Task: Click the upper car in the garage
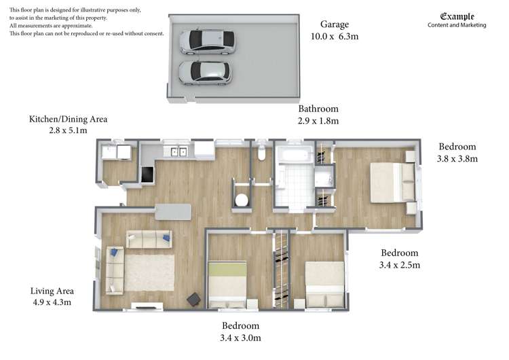point(206,41)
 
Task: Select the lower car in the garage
point(204,71)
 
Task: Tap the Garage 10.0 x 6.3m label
point(334,31)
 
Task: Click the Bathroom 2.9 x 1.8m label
point(318,115)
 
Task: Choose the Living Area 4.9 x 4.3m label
point(52,297)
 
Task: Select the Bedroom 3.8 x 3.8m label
point(457,152)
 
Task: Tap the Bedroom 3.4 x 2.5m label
point(399,259)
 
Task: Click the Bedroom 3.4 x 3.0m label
point(240,331)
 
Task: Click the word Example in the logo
point(457,16)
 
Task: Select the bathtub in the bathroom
point(296,155)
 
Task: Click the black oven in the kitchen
point(147,175)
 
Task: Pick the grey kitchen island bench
point(172,212)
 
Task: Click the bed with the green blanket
point(227,283)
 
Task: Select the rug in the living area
point(149,272)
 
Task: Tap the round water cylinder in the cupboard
point(241,200)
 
